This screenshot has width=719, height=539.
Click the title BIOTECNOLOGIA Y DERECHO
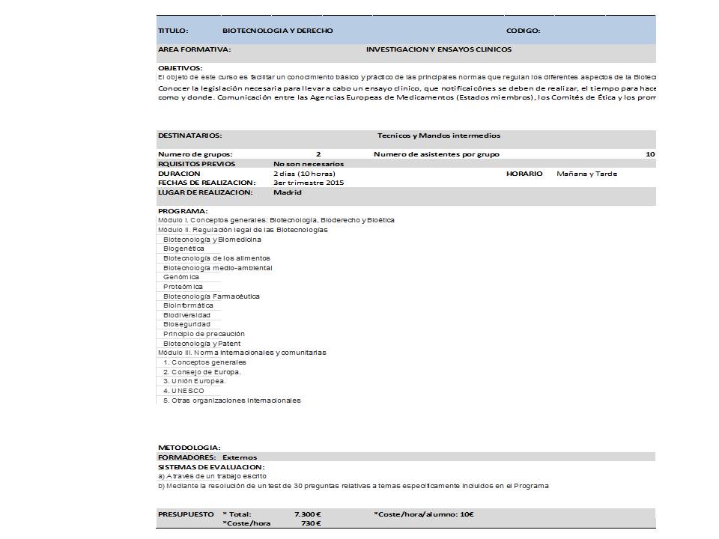point(278,31)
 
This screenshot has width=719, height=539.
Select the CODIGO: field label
point(524,31)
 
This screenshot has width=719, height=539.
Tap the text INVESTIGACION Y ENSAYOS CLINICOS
point(439,49)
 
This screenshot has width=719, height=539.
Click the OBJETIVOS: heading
point(180,68)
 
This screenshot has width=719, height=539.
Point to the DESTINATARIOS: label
point(189,135)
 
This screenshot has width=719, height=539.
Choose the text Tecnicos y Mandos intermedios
point(439,135)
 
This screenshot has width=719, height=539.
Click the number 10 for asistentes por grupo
point(650,154)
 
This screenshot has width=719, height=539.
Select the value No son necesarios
point(309,164)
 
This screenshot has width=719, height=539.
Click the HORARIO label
point(524,174)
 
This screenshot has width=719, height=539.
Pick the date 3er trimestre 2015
point(309,183)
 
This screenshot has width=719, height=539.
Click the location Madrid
point(288,192)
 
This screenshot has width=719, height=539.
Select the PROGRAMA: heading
point(183,211)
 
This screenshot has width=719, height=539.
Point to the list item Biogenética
point(183,249)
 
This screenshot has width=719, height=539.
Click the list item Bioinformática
point(188,305)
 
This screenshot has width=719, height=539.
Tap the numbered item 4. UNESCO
point(183,391)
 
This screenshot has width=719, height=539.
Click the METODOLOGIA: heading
point(189,448)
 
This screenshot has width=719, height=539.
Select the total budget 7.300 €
point(308,514)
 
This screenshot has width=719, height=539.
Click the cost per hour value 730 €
point(310,523)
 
